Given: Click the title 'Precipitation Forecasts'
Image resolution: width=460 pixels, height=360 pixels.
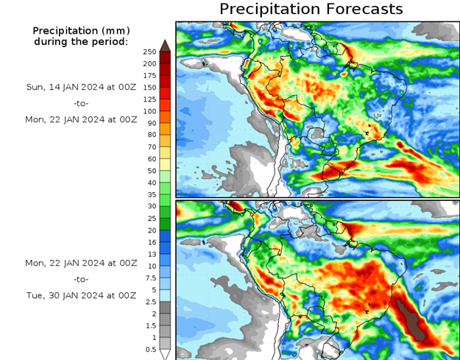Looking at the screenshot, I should (x=311, y=9).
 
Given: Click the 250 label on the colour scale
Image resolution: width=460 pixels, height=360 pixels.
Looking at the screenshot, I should (x=149, y=52).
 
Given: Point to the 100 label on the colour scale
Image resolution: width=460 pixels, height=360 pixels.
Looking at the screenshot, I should (x=149, y=111).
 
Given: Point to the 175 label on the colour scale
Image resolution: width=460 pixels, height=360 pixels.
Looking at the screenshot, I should (x=149, y=76).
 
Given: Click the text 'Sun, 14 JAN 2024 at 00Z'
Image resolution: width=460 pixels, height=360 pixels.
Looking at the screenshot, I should (x=81, y=87).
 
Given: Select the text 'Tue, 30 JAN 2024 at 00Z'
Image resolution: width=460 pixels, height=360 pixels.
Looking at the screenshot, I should (x=81, y=295).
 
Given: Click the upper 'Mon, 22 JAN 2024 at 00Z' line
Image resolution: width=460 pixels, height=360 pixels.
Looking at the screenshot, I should (x=81, y=119).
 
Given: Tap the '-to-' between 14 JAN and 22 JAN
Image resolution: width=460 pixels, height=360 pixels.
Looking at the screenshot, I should (x=81, y=103).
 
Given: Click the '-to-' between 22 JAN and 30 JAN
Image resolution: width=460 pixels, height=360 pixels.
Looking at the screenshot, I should (x=81, y=280).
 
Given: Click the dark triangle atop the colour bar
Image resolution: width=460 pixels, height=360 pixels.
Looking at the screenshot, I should (x=166, y=45).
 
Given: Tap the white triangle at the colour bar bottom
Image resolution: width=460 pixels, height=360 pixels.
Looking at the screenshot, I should (x=166, y=354).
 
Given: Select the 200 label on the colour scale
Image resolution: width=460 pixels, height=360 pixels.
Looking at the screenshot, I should (x=149, y=64).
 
